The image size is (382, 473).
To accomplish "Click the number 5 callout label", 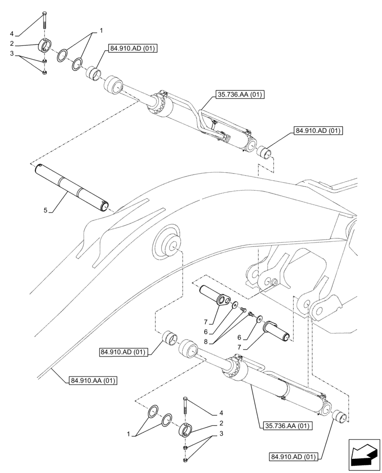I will point(46,210).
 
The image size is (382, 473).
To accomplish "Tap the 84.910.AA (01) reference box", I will point(93,380).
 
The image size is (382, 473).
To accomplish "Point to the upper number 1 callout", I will point(101,31).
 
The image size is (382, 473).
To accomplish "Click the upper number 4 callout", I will point(12,34).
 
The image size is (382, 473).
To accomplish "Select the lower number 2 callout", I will point(220,423).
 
